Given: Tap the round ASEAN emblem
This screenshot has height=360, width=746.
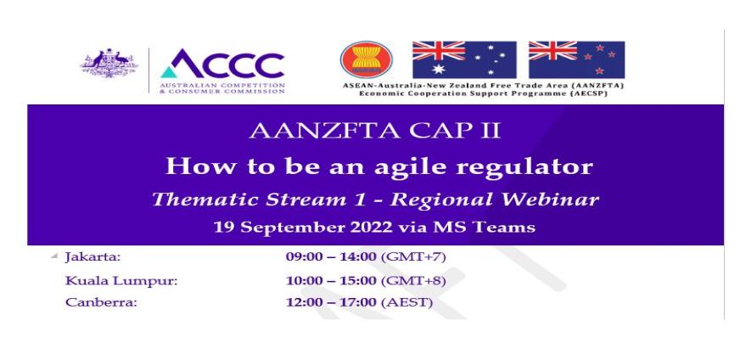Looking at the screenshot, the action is tap(367, 59).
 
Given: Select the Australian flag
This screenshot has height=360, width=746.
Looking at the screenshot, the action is tap(464, 59).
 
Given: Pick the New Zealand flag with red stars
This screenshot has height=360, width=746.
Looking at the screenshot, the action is tap(576, 59).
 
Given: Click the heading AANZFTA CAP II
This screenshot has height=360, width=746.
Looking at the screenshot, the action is tap(375, 131).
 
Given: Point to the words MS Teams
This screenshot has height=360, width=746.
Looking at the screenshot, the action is tap(484, 228).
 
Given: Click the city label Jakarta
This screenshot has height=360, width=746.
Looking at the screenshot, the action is tap(93, 257).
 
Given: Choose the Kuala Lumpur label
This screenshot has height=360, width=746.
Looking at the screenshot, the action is tap(121, 282).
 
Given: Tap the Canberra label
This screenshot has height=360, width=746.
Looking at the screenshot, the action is tap(101, 302).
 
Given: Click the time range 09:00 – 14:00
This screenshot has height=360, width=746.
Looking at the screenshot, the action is tap(331, 257).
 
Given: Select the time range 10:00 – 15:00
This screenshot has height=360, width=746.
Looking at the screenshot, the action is tap(331, 281).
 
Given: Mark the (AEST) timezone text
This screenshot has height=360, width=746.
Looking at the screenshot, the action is tap(407, 302).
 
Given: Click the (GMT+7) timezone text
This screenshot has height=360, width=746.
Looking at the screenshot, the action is tap(413, 257).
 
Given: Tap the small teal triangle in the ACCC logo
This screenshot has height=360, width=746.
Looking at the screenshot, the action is tap(168, 72).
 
